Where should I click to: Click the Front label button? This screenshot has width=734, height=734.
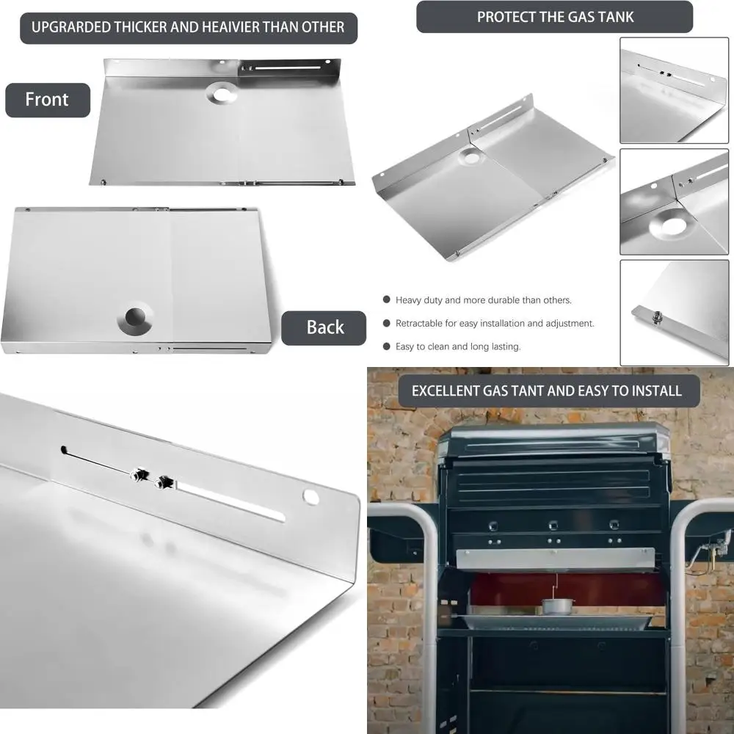[47, 100]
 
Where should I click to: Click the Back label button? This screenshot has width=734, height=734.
[324, 327]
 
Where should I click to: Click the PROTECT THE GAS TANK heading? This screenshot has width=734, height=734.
[555, 17]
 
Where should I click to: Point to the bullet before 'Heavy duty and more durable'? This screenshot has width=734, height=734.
[386, 300]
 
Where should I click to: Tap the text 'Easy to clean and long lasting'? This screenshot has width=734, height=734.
[458, 346]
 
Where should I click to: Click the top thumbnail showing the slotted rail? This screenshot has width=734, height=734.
[674, 90]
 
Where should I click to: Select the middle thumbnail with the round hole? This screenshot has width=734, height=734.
[674, 202]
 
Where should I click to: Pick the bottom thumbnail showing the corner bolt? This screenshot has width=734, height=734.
[674, 312]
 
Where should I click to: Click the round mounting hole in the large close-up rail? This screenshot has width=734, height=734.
[311, 497]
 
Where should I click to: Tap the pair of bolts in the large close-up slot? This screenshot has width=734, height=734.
[150, 479]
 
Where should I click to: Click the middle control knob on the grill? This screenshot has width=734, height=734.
[552, 526]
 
